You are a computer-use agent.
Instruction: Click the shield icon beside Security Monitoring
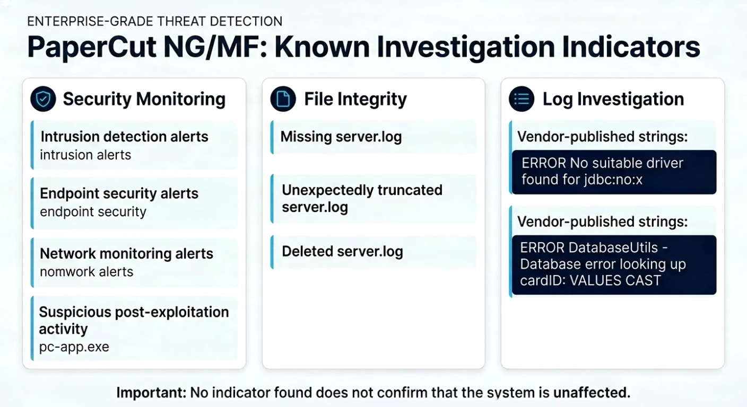[x=43, y=99]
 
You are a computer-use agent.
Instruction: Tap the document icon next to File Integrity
[x=283, y=99]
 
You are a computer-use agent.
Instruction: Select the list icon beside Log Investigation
[x=522, y=99]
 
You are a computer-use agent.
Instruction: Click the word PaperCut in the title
[x=92, y=47]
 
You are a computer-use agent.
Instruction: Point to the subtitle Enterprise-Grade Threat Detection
[x=155, y=21]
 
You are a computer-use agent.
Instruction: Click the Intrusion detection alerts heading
[x=124, y=137]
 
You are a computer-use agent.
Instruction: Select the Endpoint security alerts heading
[x=119, y=193]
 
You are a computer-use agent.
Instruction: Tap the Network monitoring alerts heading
[x=126, y=254]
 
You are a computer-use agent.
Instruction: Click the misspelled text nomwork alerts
[x=86, y=272]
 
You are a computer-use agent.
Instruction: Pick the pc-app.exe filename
[x=74, y=347]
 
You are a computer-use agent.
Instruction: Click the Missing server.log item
[x=341, y=137]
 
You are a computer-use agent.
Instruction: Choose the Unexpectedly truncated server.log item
[x=362, y=199]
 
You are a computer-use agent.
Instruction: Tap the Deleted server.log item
[x=343, y=252]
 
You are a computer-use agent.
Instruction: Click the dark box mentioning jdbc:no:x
[x=614, y=172]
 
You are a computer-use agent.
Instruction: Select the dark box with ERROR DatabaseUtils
[x=614, y=265]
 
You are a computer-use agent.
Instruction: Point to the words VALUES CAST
[x=615, y=280]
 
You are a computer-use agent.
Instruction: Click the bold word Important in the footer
[x=151, y=393]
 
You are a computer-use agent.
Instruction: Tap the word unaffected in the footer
[x=592, y=393]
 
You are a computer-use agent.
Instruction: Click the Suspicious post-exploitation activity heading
[x=134, y=321]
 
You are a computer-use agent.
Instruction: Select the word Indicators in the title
[x=631, y=47]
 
